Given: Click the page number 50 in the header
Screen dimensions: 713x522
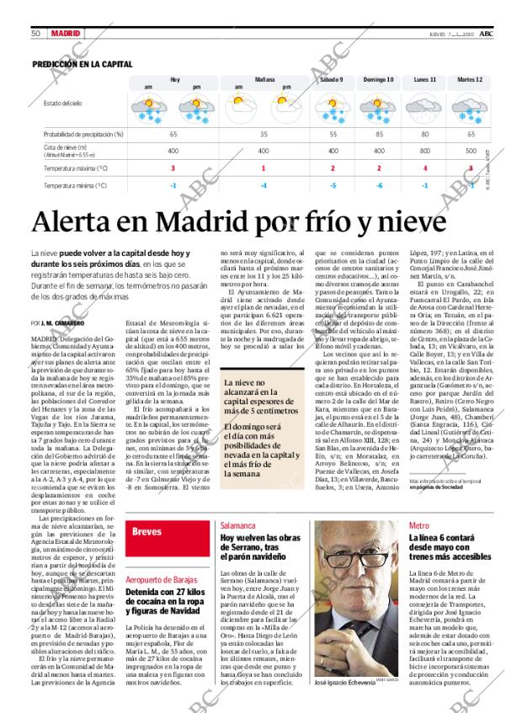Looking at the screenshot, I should tap(36, 33).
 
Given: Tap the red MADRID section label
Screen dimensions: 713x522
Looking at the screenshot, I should tap(66, 33).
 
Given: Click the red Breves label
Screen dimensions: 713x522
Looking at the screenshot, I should tap(147, 531).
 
